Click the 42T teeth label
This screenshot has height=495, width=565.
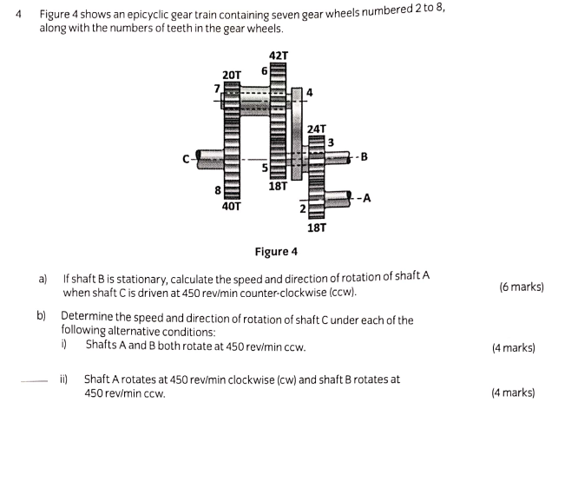(279, 56)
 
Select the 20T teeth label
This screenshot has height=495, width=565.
(232, 76)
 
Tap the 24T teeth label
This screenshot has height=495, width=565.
(317, 129)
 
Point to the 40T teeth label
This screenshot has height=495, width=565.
(232, 207)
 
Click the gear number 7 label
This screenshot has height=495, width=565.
(218, 88)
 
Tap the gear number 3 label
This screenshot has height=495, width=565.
(332, 142)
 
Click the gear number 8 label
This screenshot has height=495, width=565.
(217, 189)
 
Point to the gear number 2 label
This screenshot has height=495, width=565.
(302, 208)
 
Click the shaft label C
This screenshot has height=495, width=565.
(186, 159)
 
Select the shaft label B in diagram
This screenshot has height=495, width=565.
(364, 157)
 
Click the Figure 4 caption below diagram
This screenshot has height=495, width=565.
(275, 252)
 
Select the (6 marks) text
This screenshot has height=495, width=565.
(522, 287)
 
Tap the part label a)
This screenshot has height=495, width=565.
(43, 280)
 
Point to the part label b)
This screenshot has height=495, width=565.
(42, 319)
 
